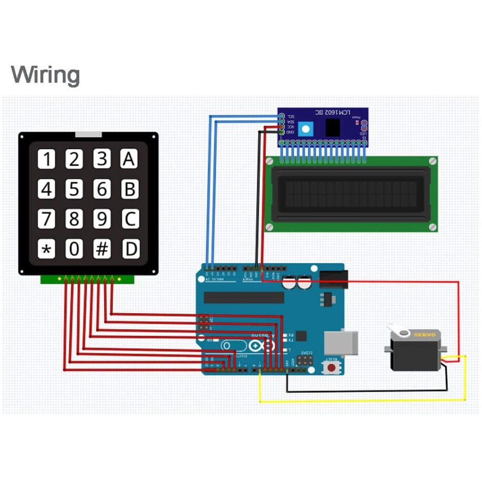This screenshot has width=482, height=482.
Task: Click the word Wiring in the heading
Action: [45, 75]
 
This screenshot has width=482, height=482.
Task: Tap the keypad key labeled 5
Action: [75, 190]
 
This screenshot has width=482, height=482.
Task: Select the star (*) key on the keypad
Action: [47, 250]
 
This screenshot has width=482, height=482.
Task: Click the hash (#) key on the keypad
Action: [102, 250]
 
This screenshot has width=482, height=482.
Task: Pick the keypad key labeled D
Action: [130, 250]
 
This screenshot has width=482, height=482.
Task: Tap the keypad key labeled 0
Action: [75, 250]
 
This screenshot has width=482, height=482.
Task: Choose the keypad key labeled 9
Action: [102, 220]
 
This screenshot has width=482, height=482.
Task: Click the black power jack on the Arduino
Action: [332, 279]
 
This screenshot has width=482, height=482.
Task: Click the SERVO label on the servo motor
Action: [425, 335]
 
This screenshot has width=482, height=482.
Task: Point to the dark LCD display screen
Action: [351, 193]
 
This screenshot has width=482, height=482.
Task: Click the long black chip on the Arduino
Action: [244, 297]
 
